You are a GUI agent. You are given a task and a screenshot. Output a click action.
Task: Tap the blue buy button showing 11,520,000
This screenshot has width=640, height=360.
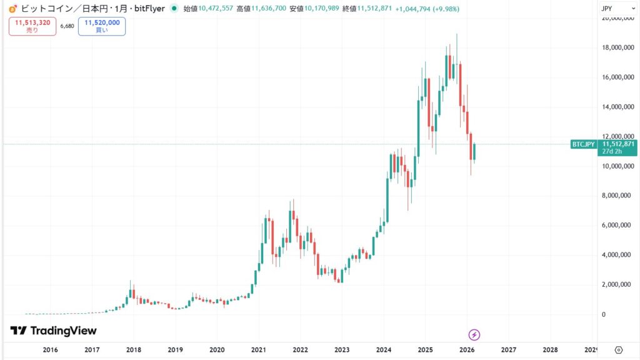tap(101, 26)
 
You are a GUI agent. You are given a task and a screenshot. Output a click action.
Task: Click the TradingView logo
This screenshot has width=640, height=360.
tap(54, 331)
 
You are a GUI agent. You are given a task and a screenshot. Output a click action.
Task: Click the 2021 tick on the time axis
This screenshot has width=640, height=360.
tap(259, 350)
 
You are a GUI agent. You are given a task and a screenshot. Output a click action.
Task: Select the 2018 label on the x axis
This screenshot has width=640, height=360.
tap(134, 350)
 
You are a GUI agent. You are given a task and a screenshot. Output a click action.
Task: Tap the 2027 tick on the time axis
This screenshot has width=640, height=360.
tap(509, 350)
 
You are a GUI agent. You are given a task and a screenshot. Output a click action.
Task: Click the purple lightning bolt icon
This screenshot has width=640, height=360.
tap(474, 334)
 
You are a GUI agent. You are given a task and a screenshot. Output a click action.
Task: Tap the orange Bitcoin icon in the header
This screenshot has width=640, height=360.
tap(12, 9)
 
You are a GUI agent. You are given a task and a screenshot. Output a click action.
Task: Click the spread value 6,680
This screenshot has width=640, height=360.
tap(67, 26)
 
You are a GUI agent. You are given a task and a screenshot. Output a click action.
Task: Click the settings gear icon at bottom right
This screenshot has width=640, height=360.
tap(619, 350)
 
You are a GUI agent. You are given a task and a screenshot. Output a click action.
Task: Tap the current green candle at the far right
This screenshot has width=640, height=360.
tap(475, 152)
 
